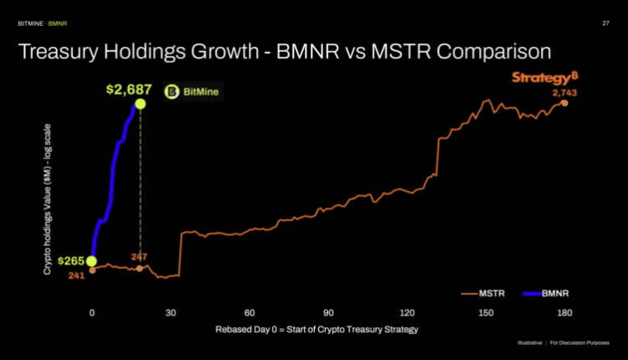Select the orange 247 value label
pos(139,255)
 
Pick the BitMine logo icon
pos(171,92)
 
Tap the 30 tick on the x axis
pos(171,311)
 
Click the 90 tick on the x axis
pos(328,311)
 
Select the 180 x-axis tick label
pos(564,311)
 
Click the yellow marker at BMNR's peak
pos(140,104)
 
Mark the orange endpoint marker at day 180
pos(564,103)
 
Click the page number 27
pos(605,23)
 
